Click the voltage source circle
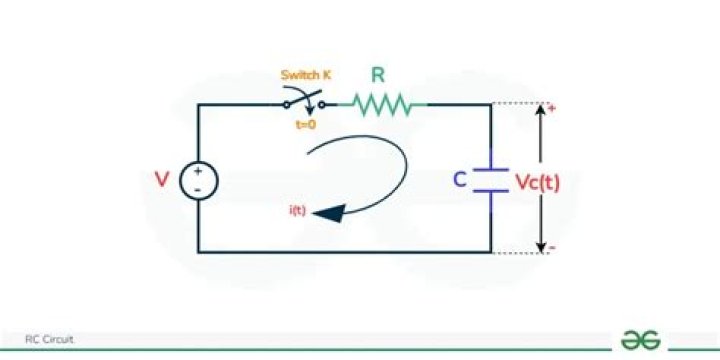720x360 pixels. [x=198, y=180]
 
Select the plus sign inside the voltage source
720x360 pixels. [x=198, y=171]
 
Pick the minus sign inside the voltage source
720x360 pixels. [x=198, y=189]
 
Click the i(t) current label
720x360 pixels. [x=296, y=209]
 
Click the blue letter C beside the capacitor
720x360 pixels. [x=460, y=181]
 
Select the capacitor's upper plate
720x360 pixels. [x=490, y=168]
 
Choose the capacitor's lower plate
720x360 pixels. [x=490, y=191]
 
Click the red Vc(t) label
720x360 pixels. [x=539, y=181]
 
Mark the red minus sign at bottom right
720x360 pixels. [x=551, y=247]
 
